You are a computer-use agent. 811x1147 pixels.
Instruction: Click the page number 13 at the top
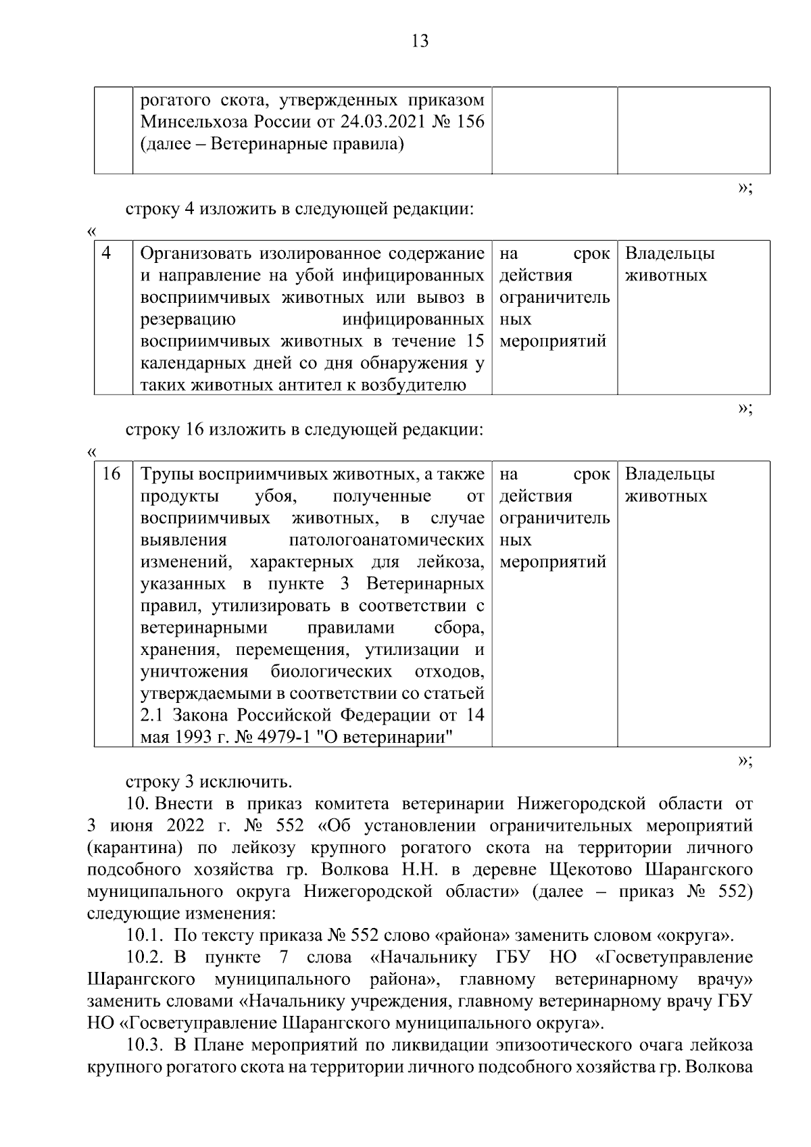420,42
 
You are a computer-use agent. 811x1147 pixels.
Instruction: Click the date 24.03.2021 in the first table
394,122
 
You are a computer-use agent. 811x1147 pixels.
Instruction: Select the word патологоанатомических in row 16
386,541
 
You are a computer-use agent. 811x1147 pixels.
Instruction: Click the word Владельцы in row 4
670,253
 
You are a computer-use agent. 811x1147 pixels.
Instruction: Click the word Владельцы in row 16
670,474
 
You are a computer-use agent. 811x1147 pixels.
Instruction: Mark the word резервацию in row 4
188,320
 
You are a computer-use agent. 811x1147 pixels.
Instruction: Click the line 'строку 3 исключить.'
209,783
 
